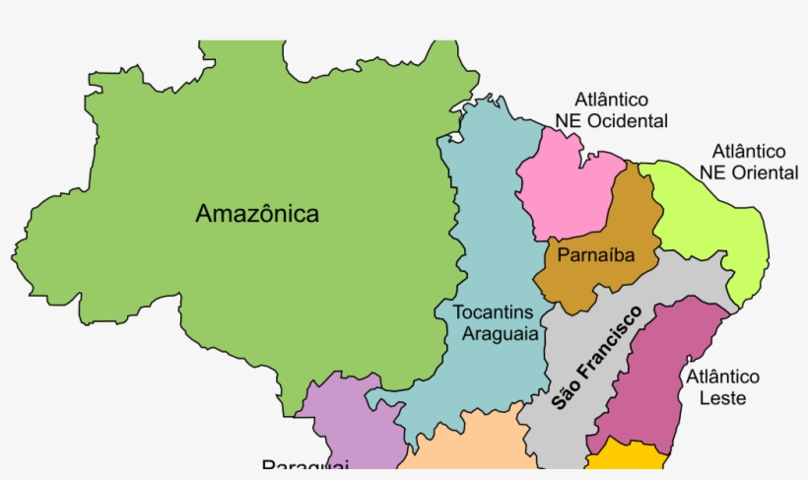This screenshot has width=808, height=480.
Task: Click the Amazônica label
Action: click(x=257, y=214)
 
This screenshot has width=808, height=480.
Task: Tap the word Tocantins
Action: click(x=497, y=312)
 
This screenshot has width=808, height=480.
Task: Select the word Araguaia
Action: click(x=501, y=334)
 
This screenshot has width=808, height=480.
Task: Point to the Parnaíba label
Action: click(x=594, y=256)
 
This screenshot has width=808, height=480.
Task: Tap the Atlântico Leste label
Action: click(x=722, y=387)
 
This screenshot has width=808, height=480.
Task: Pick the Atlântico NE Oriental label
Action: click(x=749, y=163)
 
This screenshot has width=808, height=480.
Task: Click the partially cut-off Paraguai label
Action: click(x=305, y=467)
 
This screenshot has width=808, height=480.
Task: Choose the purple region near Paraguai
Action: click(x=340, y=424)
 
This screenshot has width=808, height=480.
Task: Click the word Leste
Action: click(x=722, y=398)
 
